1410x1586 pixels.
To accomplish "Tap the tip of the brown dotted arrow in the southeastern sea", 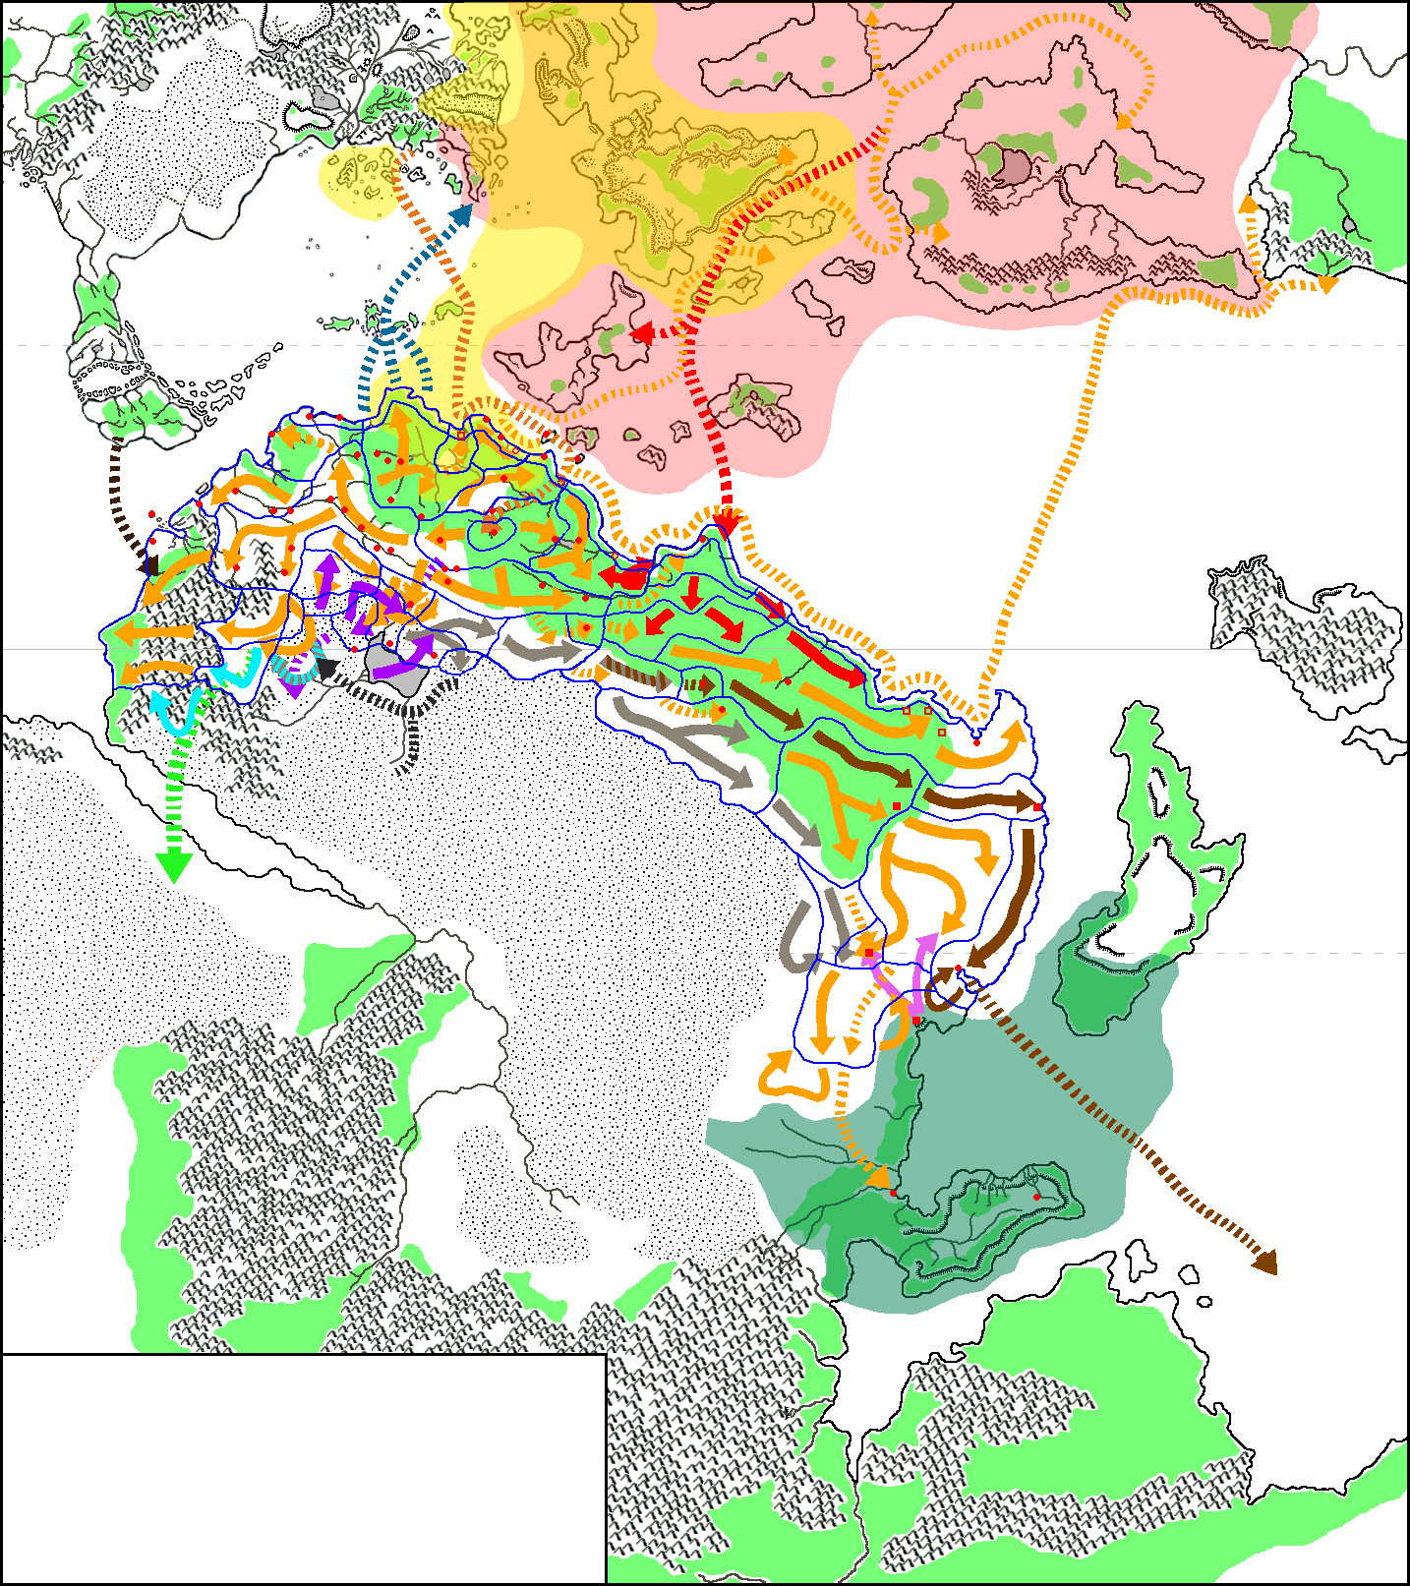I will (x=1266, y=1263).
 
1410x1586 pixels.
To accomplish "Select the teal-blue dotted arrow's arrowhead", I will (x=464, y=214).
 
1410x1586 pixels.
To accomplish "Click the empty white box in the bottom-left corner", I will (x=303, y=1468).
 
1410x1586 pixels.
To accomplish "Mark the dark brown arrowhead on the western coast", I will (x=150, y=565).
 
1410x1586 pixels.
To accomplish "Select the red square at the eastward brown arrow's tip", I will (x=1037, y=807).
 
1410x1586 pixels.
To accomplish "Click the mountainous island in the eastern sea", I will (x=1308, y=629).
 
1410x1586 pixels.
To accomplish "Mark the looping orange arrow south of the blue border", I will (x=792, y=1078).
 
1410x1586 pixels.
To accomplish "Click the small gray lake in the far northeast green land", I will (x=1350, y=225).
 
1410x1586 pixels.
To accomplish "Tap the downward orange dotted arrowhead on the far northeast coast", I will (x=1327, y=286).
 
